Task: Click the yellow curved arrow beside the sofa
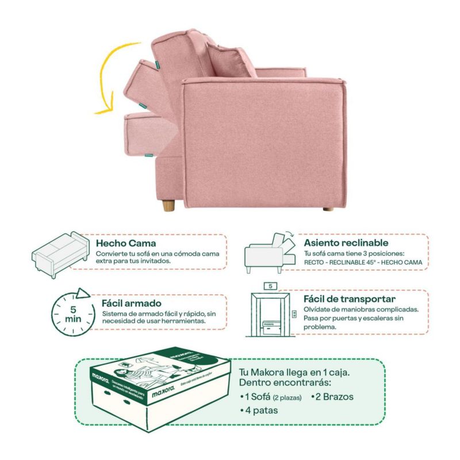[103, 80]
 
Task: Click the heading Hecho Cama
[126, 243]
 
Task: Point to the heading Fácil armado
[132, 302]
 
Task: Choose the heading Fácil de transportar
[350, 300]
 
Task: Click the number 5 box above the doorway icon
[270, 285]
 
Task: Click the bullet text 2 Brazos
[333, 397]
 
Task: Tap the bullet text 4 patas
[260, 411]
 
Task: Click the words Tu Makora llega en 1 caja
[290, 371]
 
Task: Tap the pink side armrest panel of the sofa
[264, 144]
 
